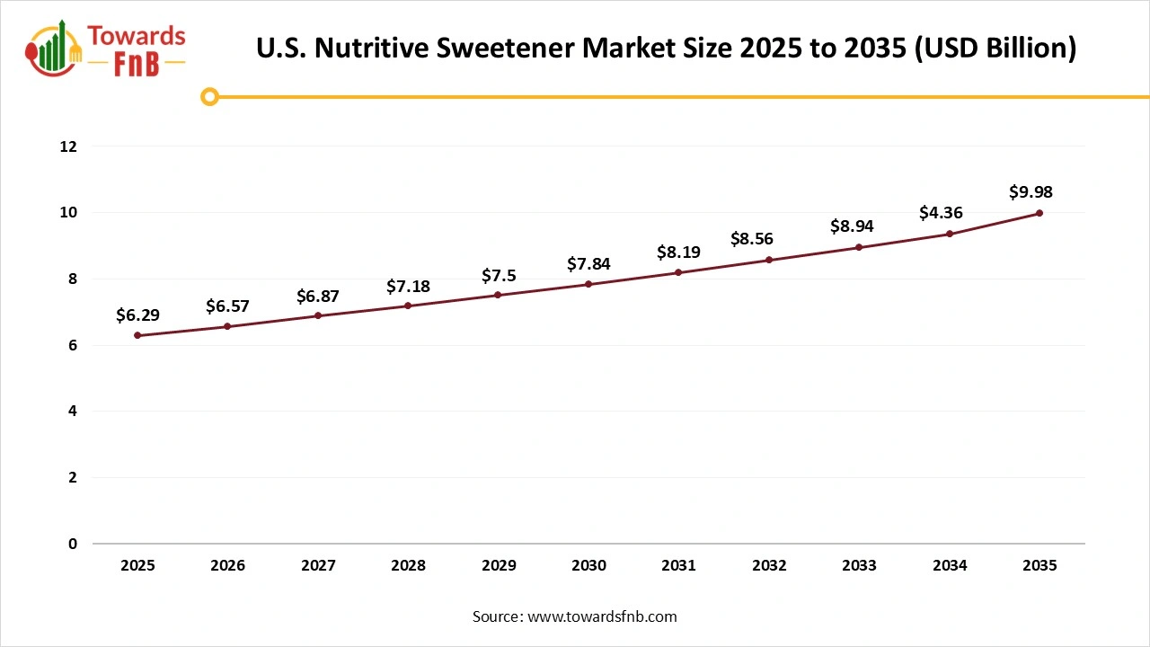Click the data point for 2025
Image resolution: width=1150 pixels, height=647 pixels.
click(x=137, y=335)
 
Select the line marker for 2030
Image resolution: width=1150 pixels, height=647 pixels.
click(x=588, y=284)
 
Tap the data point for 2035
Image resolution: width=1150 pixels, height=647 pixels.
click(x=1039, y=213)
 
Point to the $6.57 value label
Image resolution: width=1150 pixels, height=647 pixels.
click(x=227, y=306)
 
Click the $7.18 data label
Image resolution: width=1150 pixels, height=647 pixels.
click(x=408, y=286)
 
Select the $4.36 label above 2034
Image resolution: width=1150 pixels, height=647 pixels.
click(x=941, y=213)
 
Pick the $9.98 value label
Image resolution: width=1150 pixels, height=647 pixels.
click(x=1031, y=191)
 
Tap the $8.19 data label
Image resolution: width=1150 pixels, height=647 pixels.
click(x=678, y=253)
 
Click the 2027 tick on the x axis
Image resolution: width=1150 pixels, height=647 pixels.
click(x=318, y=566)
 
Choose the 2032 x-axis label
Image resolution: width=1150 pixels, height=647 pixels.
click(x=769, y=566)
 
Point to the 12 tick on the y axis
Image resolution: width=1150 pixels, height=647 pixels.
click(x=68, y=146)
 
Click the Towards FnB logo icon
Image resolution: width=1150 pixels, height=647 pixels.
click(x=55, y=49)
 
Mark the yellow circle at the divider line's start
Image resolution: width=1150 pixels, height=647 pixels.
click(x=209, y=96)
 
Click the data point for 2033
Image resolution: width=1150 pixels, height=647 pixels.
click(x=859, y=247)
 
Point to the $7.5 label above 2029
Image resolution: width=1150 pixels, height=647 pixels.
click(x=498, y=275)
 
